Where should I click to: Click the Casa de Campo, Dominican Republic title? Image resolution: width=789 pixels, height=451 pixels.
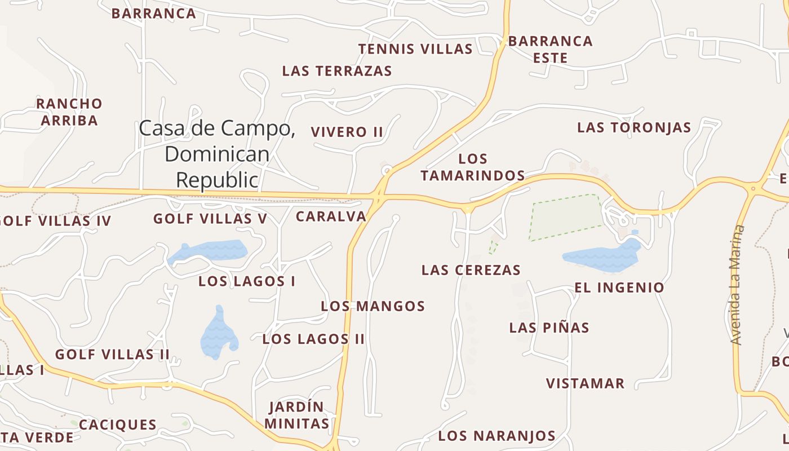pos(217,154)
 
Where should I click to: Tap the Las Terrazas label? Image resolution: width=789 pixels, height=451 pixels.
pos(337,71)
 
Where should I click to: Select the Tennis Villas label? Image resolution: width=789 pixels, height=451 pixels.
pos(415,49)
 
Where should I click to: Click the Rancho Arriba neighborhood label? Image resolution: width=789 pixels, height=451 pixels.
pos(69,112)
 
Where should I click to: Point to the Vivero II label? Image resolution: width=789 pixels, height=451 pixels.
pos(347,132)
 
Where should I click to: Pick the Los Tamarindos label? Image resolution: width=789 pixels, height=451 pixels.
pos(473,167)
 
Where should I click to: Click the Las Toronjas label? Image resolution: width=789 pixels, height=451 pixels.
pos(634,127)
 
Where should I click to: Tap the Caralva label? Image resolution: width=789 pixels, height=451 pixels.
pos(331,216)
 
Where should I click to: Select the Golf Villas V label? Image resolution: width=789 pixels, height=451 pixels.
pos(210,219)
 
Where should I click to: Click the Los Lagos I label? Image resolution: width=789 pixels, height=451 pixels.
pos(247,281)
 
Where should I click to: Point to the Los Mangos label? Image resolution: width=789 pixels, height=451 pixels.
pos(373,306)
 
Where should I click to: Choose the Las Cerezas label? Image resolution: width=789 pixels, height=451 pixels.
pos(471,270)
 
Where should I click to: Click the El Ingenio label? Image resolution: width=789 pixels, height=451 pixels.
pos(619,288)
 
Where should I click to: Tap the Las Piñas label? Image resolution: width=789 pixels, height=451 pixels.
pos(549,328)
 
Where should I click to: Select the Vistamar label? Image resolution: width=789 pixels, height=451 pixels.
pos(585,384)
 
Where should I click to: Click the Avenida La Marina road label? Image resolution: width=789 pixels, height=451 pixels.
pos(737,285)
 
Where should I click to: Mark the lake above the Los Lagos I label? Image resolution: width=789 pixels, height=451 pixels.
pos(207,251)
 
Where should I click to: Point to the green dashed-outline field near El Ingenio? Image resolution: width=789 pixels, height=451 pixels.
pos(565,216)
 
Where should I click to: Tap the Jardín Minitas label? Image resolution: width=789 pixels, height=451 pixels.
pos(297,415)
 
